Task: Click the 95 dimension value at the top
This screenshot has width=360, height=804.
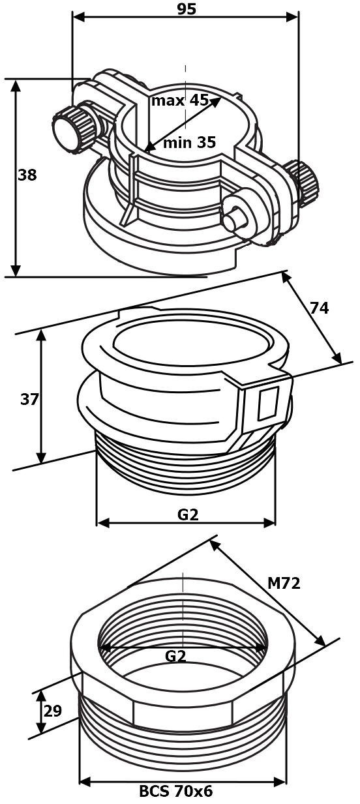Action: (187, 9)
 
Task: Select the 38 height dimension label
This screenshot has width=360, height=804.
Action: (27, 175)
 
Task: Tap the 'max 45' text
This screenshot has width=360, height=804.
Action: (179, 100)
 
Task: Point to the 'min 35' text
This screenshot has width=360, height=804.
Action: (190, 143)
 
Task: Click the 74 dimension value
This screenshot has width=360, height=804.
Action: (319, 308)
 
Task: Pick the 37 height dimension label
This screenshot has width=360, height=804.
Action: (29, 399)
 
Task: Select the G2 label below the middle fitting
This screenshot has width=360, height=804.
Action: (188, 515)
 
